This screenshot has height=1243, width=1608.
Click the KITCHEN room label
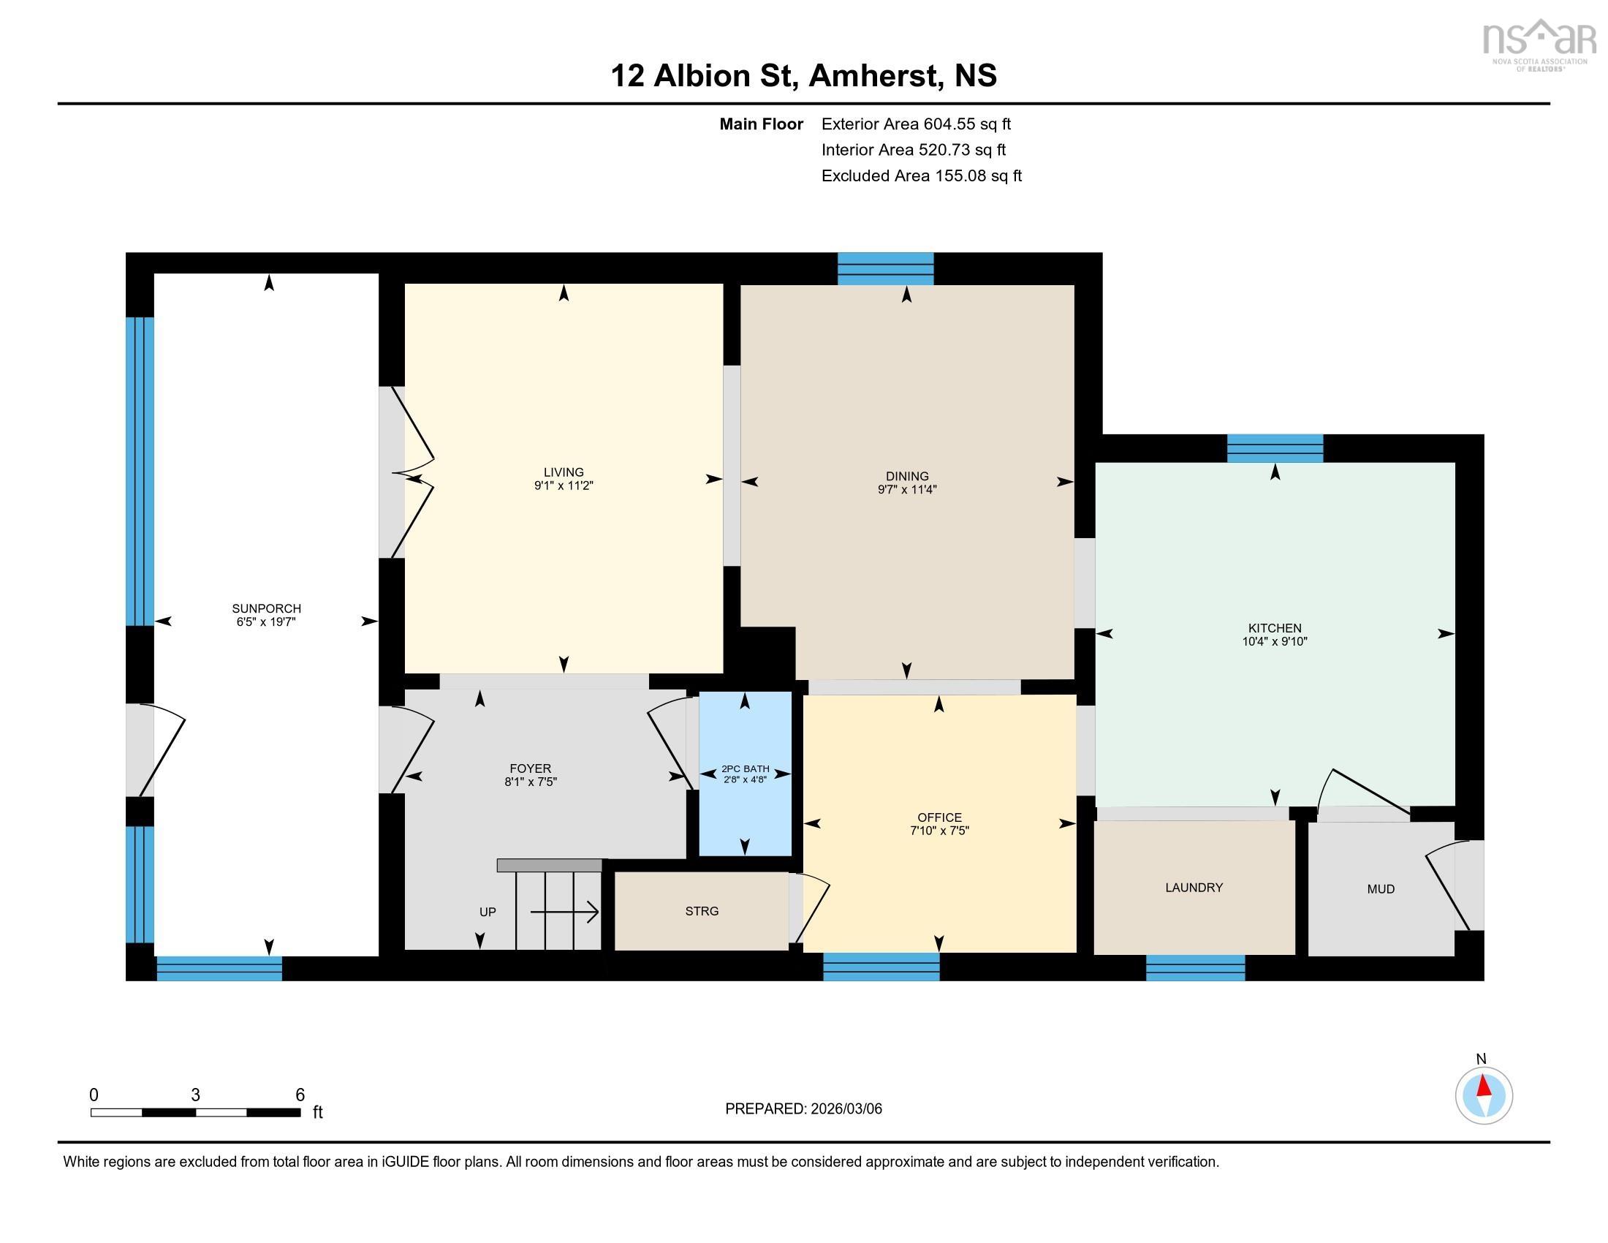tap(1275, 628)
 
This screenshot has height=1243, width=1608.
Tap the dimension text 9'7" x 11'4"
tap(907, 490)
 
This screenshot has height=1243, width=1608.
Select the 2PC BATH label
tap(745, 768)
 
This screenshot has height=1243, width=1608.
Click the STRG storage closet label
tap(702, 912)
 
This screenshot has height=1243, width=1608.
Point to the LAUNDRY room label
tap(1194, 888)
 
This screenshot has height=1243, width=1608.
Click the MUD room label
tap(1381, 890)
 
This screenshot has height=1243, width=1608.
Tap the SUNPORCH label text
tap(267, 609)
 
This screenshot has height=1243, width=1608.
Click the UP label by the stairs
tap(488, 913)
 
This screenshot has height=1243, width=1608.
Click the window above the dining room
tap(886, 269)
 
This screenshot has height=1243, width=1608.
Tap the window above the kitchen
tap(1275, 448)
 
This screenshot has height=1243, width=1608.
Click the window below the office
tap(881, 967)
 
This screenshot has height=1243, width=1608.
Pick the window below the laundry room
tap(1195, 968)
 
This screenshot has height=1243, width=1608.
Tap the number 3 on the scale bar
tap(195, 1095)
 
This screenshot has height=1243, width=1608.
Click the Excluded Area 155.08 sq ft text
tap(921, 176)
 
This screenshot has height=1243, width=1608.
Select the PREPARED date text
tap(803, 1109)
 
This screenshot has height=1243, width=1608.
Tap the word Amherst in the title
tap(876, 76)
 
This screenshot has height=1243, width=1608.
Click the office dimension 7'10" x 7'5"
tap(939, 831)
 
